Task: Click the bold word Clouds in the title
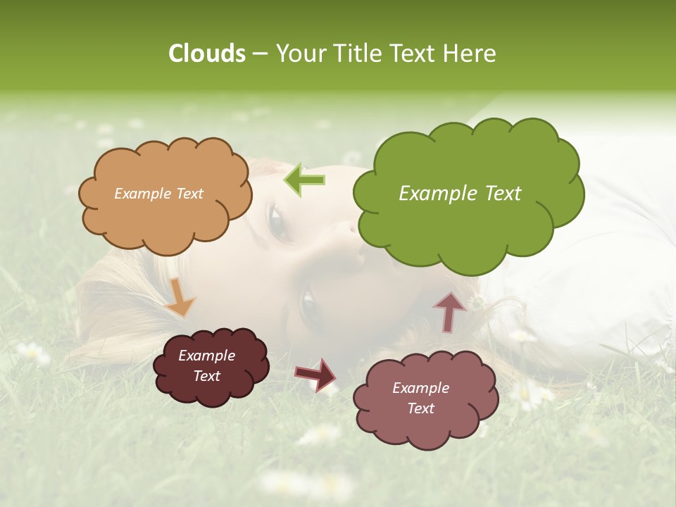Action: pos(207,54)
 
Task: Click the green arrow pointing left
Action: pos(304,180)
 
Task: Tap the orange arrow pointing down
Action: pos(180,299)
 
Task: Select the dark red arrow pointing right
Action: pos(315,374)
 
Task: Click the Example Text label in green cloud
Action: pos(460,194)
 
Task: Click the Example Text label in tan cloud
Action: pos(158,194)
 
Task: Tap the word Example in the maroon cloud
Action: pos(206,356)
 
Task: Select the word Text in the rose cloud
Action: pos(421,408)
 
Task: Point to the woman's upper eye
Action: pos(277,224)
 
